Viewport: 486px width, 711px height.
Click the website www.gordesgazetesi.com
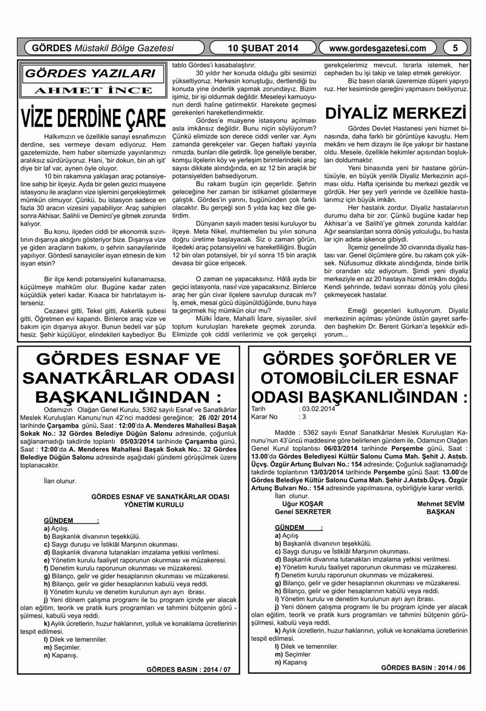tap(377, 48)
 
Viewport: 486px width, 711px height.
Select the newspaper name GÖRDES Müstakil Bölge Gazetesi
tap(103, 48)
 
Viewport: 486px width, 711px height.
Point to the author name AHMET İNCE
tap(93, 91)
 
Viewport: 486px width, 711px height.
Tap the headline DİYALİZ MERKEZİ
tap(396, 113)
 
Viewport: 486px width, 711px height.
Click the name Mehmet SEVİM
tap(441, 503)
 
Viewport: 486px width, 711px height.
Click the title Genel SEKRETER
tap(299, 511)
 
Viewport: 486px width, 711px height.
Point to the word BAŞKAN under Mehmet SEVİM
tap(440, 511)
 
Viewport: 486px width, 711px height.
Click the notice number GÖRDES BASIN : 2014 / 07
tap(188, 670)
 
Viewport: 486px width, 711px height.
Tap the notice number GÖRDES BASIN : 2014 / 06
tap(423, 667)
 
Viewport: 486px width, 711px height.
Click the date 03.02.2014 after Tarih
tap(318, 408)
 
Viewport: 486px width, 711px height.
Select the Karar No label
tap(264, 416)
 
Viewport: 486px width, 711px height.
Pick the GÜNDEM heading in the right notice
tap(290, 527)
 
